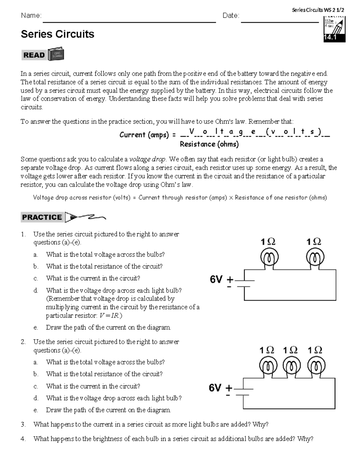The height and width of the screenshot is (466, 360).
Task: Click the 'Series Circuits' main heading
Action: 57,34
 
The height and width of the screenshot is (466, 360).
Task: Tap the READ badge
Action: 34,55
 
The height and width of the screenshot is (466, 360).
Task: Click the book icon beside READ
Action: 56,54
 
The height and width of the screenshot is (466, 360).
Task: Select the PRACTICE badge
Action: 42,217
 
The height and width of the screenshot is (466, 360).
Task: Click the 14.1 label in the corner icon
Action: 330,38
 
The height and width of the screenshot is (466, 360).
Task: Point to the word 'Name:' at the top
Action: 31,16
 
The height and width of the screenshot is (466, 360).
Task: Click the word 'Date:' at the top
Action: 231,16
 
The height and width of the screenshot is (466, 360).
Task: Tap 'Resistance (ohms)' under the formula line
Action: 209,144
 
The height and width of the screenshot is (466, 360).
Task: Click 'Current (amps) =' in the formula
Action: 148,135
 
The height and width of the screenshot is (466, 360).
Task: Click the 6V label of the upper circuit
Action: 216,280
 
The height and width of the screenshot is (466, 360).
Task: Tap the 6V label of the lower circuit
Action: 215,388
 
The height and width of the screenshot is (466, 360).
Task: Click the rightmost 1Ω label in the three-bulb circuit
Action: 315,350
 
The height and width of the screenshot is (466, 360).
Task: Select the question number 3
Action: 23,425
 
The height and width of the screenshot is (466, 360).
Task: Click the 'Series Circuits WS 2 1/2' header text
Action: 318,10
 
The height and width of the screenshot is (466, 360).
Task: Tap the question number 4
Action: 23,439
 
